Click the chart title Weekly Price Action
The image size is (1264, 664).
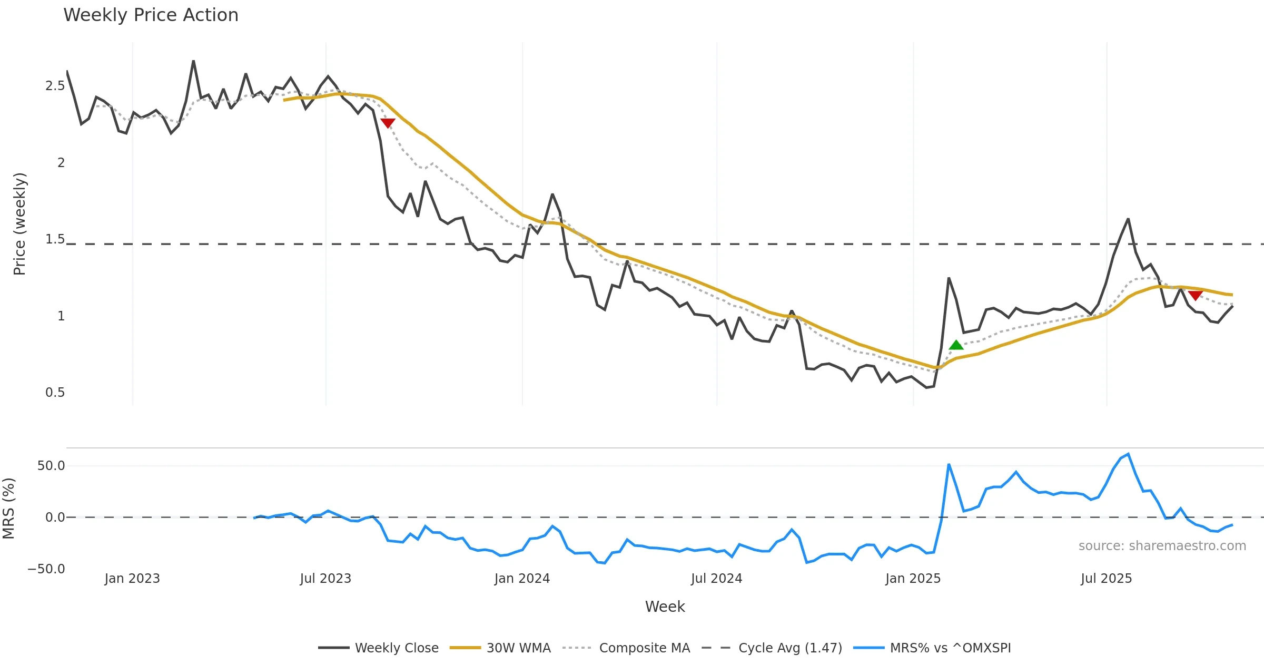[x=151, y=15]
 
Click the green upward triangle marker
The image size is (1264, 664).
[x=956, y=345]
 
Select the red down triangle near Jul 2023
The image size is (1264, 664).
[x=388, y=123]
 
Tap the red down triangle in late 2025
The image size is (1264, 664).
[x=1195, y=295]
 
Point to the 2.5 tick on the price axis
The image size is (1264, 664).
[x=55, y=86]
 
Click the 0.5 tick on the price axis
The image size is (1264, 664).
[x=55, y=393]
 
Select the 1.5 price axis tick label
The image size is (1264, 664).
[x=55, y=239]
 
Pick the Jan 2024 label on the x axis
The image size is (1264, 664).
[x=522, y=579]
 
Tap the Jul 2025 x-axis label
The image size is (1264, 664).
[x=1106, y=579]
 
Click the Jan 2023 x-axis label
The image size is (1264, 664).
[x=132, y=579]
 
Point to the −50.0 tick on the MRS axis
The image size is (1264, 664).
[x=46, y=569]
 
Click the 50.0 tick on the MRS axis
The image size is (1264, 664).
[x=51, y=466]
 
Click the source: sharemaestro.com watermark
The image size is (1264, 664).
[x=1162, y=546]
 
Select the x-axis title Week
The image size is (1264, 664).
[x=665, y=607]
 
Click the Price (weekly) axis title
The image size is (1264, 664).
[x=19, y=224]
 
